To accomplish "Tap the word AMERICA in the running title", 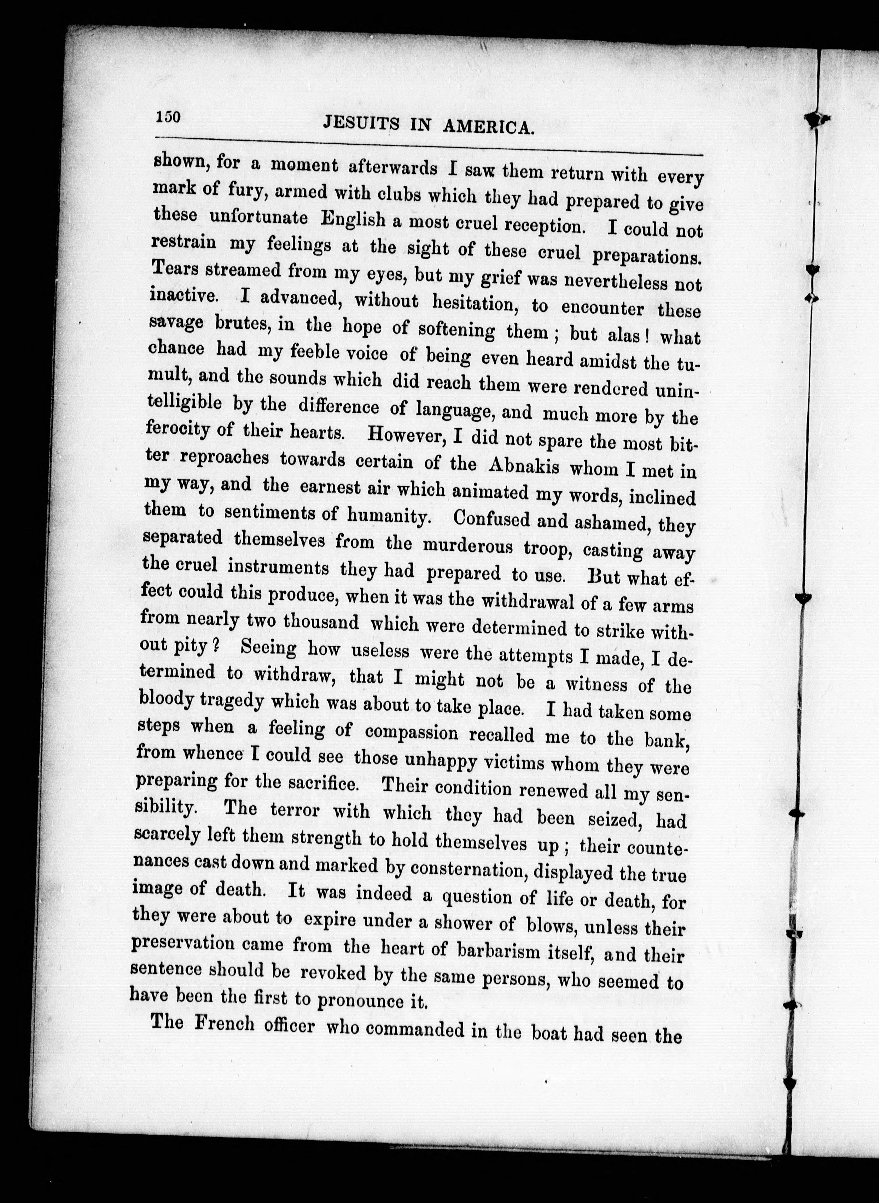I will [x=488, y=128].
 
